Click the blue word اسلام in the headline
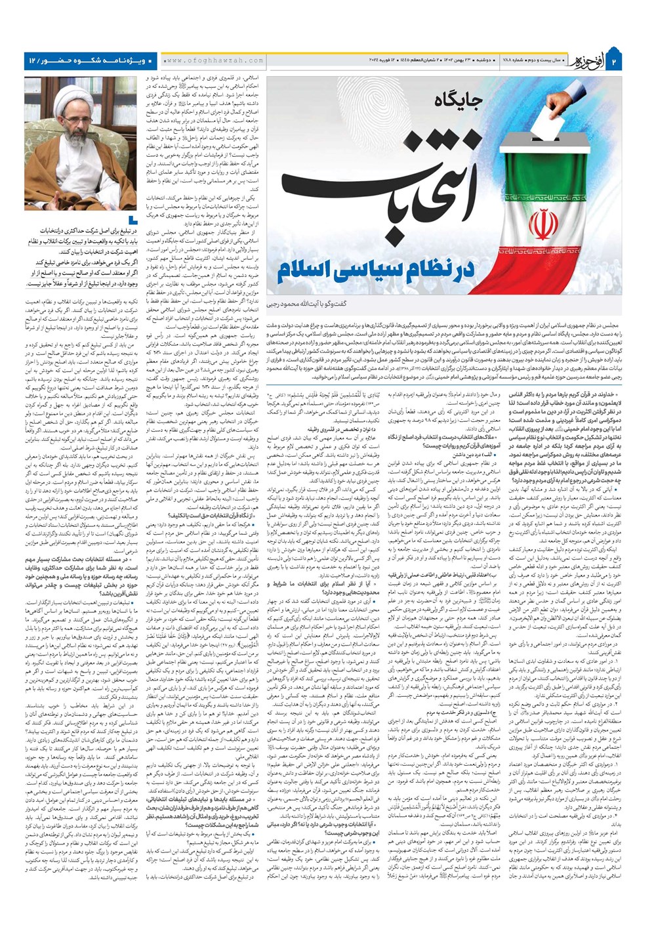(308, 269)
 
